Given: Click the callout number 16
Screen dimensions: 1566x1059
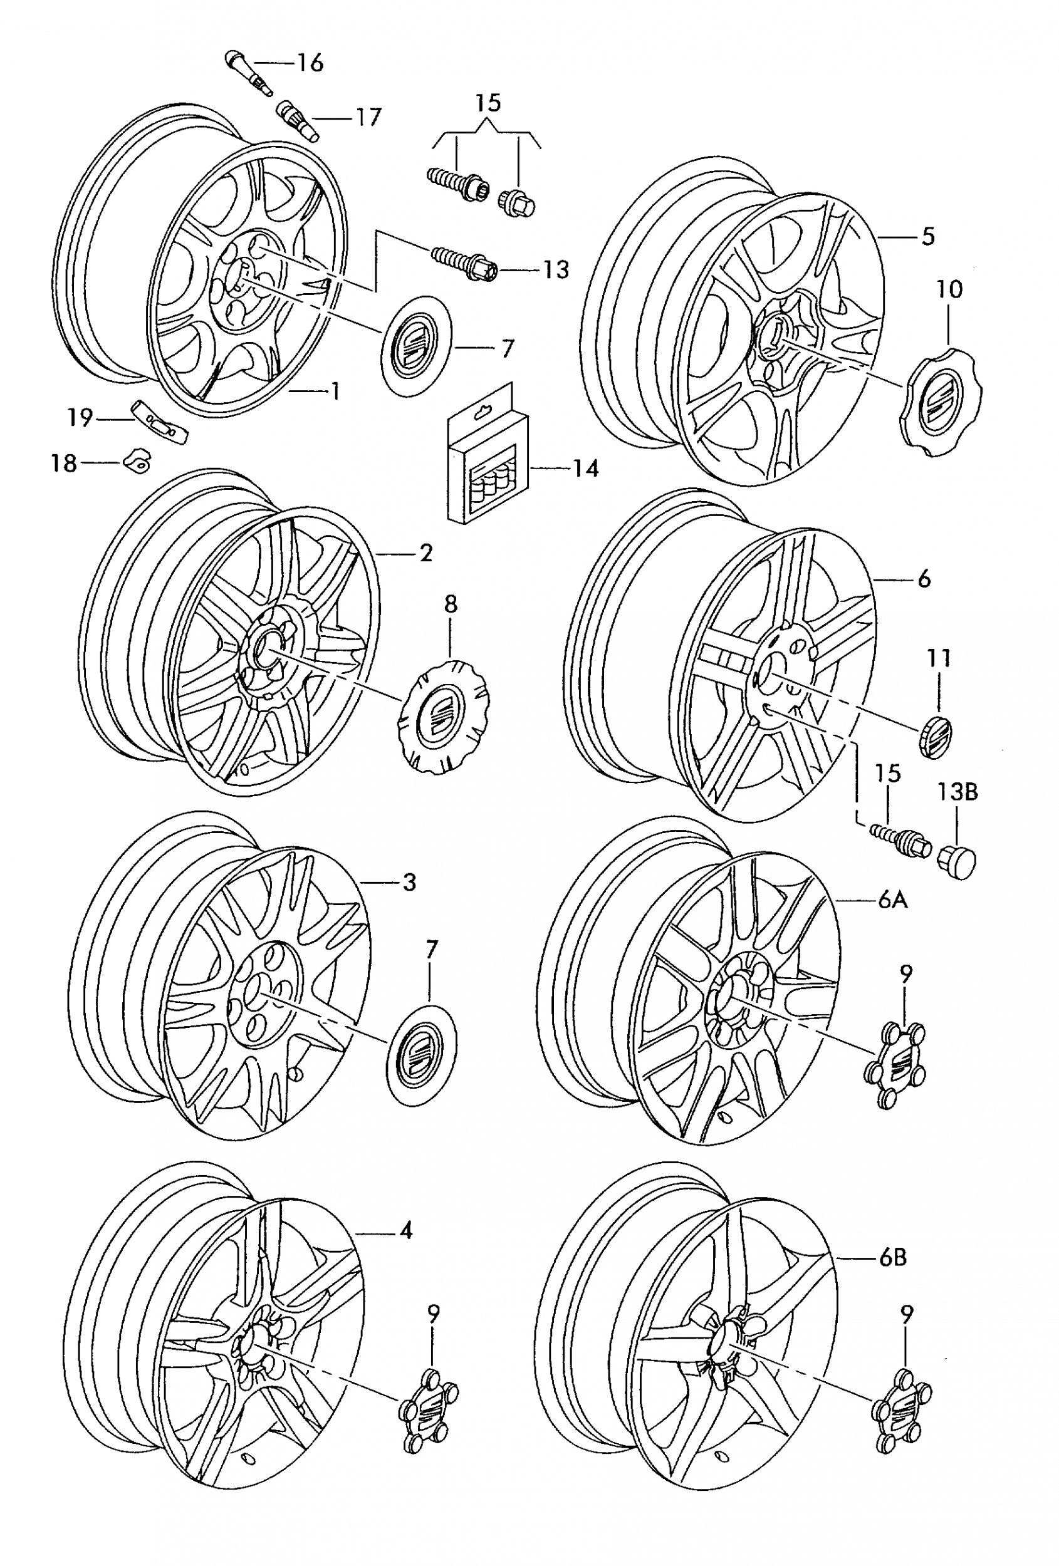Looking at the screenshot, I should [x=310, y=63].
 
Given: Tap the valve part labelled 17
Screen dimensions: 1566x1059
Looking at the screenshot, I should [x=297, y=120].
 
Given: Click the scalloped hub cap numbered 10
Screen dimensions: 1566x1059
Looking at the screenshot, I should [x=941, y=402].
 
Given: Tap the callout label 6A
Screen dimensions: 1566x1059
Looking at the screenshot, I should [x=892, y=900].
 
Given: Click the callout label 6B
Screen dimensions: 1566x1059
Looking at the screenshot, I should [x=892, y=1257].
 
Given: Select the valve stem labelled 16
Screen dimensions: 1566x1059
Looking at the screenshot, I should [x=247, y=72].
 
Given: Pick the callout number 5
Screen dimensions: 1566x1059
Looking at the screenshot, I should [x=928, y=237].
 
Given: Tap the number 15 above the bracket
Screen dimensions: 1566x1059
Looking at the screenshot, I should [x=488, y=103].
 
